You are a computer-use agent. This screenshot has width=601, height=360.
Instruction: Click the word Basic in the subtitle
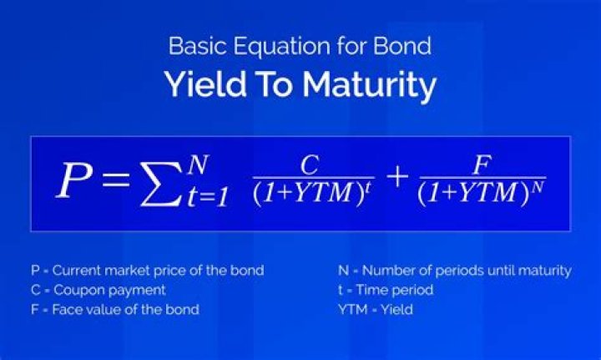pos(190,45)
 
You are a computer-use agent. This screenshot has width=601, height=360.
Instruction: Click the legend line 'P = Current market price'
pos(147,270)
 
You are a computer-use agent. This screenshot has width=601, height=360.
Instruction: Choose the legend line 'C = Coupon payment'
pos(98,290)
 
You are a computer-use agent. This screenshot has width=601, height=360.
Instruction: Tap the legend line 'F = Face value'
pos(114,310)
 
